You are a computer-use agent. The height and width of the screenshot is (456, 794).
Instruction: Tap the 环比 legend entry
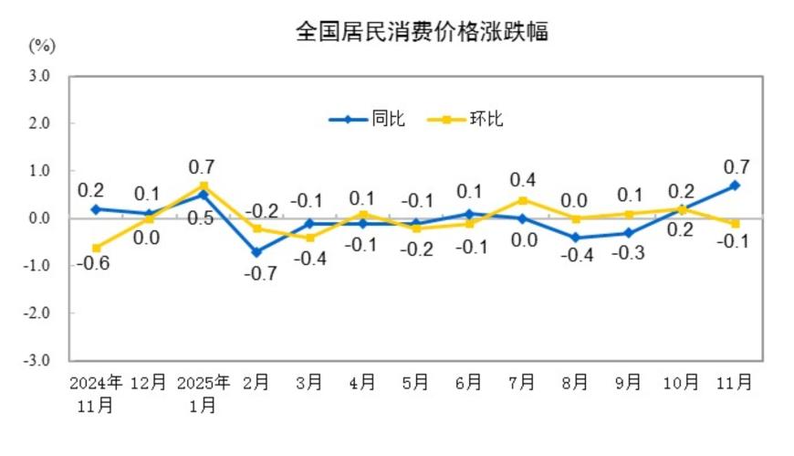pos(485,119)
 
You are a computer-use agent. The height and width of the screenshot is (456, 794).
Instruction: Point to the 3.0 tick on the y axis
pos(38,76)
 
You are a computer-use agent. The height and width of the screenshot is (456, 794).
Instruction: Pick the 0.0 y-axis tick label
pos(38,218)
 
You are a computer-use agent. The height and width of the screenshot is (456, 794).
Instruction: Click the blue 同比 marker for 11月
pos(736,186)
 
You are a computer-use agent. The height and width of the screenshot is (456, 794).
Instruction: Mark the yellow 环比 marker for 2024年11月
pos(96,248)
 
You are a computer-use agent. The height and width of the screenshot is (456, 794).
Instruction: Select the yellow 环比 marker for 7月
pos(522,200)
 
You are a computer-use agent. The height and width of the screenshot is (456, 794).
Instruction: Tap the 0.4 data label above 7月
pos(522,179)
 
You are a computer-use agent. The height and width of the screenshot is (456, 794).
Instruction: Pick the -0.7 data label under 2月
pos(262,273)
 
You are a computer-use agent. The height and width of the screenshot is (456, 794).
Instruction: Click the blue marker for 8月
pos(575,238)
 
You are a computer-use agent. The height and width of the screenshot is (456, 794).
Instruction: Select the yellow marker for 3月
pos(309,238)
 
